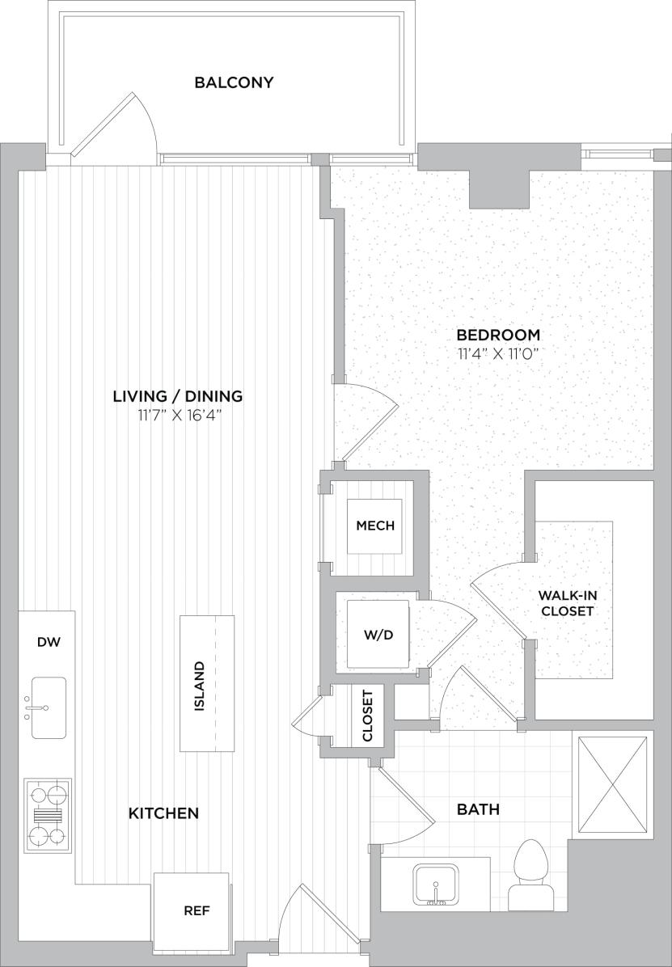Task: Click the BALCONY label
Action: [234, 82]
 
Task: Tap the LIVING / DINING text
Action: [178, 396]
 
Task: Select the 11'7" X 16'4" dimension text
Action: [178, 416]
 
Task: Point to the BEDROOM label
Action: [498, 335]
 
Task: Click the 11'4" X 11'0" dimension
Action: [498, 353]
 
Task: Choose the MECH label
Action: [375, 526]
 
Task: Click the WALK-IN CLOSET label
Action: [568, 603]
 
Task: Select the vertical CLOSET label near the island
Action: [368, 716]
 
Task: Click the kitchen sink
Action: [48, 708]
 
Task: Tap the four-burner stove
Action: [48, 813]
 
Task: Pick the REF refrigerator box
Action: [197, 910]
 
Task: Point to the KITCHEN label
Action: [163, 813]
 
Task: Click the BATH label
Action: [478, 809]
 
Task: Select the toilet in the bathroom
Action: [530, 875]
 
